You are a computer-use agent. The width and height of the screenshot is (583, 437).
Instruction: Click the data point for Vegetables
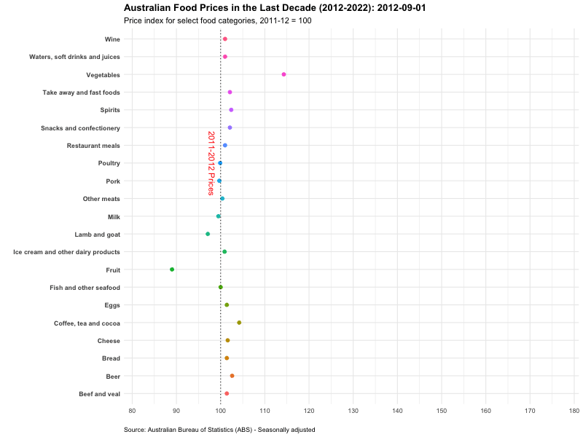pyautogui.click(x=283, y=74)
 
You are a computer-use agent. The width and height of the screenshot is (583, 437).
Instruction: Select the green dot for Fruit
pyautogui.click(x=172, y=269)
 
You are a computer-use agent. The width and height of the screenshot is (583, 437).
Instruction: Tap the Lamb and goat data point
pyautogui.click(x=208, y=234)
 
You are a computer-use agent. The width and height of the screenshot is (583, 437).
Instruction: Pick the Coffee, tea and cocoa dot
pyautogui.click(x=239, y=323)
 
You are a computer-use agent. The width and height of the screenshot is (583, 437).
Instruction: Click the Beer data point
pyautogui.click(x=232, y=376)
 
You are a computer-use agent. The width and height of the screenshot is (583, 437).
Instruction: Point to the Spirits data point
pyautogui.click(x=231, y=110)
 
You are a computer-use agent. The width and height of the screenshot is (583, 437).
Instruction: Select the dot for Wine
pyautogui.click(x=225, y=39)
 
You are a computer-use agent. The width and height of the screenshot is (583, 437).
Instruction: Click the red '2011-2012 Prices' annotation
pyautogui.click(x=211, y=163)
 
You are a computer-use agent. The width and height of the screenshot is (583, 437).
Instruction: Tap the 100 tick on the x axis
pyautogui.click(x=221, y=412)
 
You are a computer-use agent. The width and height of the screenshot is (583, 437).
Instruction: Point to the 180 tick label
pyautogui.click(x=574, y=412)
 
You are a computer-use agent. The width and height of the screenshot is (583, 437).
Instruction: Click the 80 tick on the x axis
pyautogui.click(x=132, y=412)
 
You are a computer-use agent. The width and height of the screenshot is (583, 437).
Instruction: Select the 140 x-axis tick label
pyautogui.click(x=397, y=412)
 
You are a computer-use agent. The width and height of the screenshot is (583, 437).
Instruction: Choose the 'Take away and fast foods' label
pyautogui.click(x=82, y=92)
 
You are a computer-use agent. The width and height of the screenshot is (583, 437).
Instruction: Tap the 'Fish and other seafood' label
pyautogui.click(x=85, y=288)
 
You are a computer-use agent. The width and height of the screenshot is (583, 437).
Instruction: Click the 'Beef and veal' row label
pyautogui.click(x=99, y=394)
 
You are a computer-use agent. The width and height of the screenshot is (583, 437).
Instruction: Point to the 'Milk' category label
pyautogui.click(x=114, y=216)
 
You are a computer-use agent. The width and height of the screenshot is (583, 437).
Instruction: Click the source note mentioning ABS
pyautogui.click(x=219, y=430)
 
